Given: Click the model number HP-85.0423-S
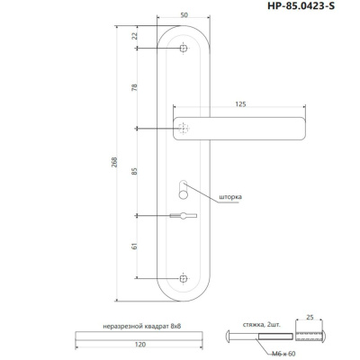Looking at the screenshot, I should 306,8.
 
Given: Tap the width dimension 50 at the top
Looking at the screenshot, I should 184,16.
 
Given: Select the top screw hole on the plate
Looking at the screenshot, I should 184,48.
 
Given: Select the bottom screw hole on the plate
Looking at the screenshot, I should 184,276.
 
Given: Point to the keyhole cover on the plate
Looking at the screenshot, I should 184,189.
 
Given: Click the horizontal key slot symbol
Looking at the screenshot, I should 182,215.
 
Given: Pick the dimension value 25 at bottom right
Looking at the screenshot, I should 309,318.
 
